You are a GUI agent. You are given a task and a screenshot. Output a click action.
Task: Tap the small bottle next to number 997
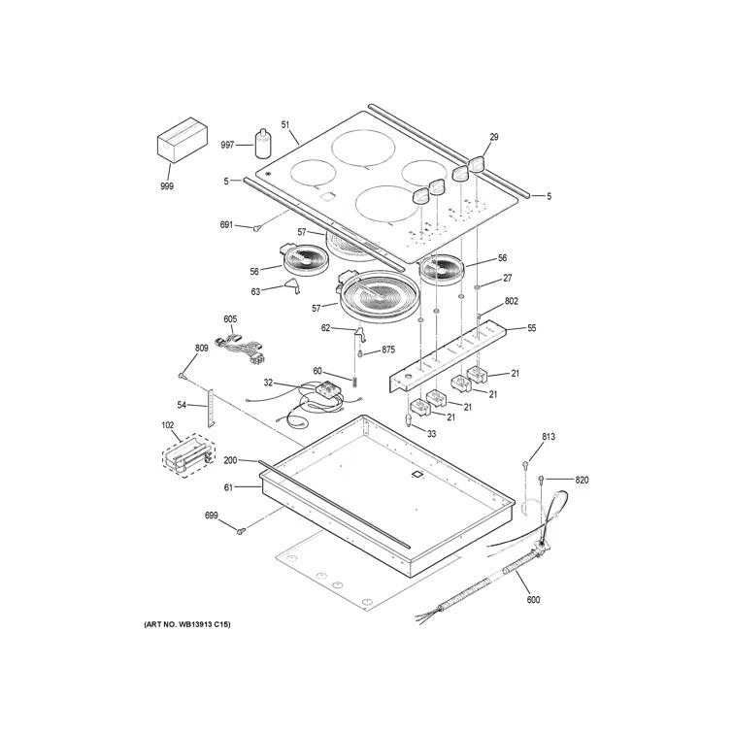tap(261, 143)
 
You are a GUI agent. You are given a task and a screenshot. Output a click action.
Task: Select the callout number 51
tap(285, 124)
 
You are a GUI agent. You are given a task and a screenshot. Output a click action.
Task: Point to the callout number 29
tap(493, 137)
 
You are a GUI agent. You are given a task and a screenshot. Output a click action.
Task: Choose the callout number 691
tap(226, 225)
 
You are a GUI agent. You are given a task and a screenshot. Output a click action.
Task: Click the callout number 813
tap(548, 437)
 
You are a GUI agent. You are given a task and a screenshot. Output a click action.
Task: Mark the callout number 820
tap(582, 480)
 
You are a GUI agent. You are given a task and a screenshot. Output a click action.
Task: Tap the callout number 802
tap(512, 302)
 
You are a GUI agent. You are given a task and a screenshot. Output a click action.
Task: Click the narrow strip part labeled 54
tap(207, 406)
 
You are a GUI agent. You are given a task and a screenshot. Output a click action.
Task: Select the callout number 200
tap(230, 461)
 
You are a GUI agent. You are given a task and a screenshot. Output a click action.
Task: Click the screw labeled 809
tap(183, 376)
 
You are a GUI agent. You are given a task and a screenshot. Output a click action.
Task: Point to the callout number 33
tap(431, 433)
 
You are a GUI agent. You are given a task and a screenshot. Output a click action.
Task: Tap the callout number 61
tap(229, 488)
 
